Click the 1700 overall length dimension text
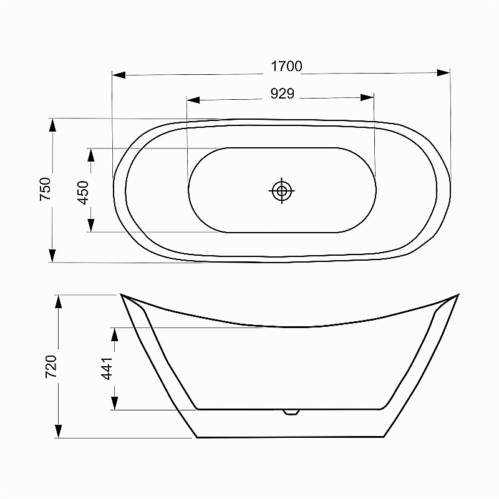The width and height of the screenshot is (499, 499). point(286,67)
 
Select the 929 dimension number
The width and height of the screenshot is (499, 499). point(282,94)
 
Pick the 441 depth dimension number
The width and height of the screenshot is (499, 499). point(107,368)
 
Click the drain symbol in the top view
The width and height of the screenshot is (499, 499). point(282,190)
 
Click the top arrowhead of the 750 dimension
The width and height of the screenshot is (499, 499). point(52,125)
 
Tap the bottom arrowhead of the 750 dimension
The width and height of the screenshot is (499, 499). point(52,255)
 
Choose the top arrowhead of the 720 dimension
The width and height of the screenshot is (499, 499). point(58,302)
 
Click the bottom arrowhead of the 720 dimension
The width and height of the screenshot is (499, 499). point(58,430)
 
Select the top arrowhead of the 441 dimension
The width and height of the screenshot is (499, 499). point(114,334)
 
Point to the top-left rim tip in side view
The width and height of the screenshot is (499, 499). point(121,295)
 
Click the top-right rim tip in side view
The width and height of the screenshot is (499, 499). point(458,295)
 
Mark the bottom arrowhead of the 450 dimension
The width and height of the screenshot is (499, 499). point(91,225)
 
